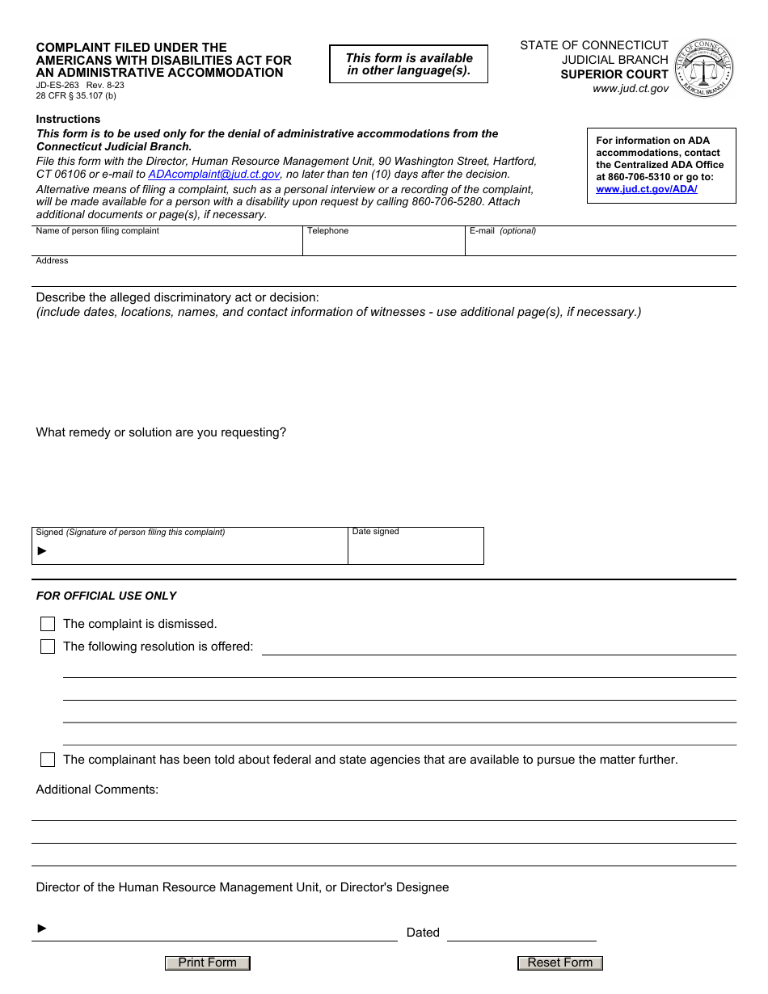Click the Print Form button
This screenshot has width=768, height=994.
click(208, 962)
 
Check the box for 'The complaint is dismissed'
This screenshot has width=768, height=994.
click(48, 624)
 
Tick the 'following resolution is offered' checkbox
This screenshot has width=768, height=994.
click(48, 647)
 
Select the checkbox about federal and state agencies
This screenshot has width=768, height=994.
click(48, 760)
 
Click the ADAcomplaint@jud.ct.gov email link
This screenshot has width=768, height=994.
click(214, 174)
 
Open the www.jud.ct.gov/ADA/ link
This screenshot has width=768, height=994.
click(646, 189)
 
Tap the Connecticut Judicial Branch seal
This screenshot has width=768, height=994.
click(704, 68)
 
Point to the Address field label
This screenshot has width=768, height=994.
click(53, 261)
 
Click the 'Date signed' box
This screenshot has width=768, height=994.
click(415, 550)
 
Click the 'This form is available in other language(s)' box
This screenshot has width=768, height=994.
click(409, 64)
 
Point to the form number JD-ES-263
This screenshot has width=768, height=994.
click(57, 84)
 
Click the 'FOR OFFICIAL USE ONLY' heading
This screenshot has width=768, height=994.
click(106, 596)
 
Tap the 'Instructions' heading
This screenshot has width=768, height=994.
click(69, 119)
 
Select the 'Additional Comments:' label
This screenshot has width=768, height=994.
click(97, 790)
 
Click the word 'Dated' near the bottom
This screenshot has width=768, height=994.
click(423, 933)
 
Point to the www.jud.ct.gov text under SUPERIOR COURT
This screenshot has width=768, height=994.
click(631, 89)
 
